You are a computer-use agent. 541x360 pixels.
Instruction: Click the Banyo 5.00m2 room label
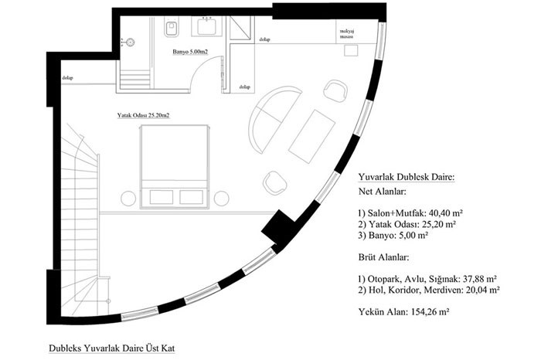[x=190, y=52]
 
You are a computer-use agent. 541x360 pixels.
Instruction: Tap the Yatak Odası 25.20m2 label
[x=143, y=116]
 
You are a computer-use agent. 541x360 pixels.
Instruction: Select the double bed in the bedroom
[x=174, y=167]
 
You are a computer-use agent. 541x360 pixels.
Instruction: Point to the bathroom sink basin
[x=206, y=27]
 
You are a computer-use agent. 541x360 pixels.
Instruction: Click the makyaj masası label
[x=348, y=33]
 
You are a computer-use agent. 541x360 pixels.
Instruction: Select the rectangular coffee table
[x=312, y=137]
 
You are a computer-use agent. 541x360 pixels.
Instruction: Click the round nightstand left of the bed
[x=128, y=199]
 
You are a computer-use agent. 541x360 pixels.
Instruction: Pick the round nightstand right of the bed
[x=222, y=199]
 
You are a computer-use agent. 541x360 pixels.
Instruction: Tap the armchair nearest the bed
[x=275, y=182]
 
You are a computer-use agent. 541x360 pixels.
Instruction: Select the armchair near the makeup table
[x=335, y=90]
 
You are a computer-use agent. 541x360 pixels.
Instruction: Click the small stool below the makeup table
[x=351, y=51]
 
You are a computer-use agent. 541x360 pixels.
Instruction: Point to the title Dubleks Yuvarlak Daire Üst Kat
[x=112, y=348]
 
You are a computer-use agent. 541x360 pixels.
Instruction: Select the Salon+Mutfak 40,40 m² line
[x=410, y=212]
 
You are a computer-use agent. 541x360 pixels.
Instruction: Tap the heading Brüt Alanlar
[x=383, y=257]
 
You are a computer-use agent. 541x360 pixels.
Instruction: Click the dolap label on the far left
[x=68, y=78]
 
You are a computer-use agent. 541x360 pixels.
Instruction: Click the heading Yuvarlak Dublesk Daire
[x=407, y=177]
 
